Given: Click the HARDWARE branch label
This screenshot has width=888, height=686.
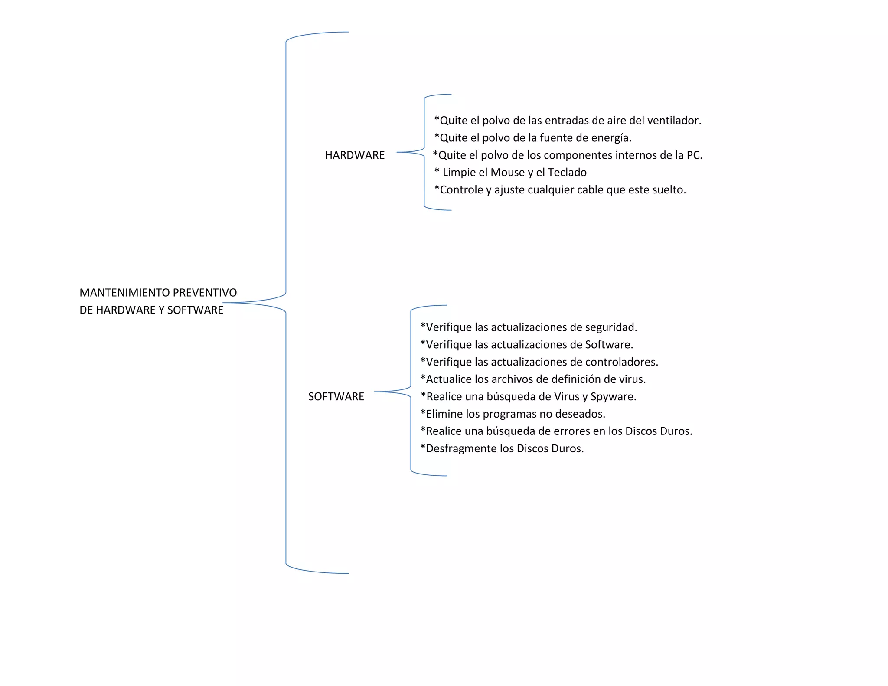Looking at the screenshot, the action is coord(355,155).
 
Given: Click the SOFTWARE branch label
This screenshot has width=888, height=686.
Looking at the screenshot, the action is coord(336,397).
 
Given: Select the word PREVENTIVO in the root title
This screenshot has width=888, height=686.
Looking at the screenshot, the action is coord(205,293).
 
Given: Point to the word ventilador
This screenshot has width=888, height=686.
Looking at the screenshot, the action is coord(676,121).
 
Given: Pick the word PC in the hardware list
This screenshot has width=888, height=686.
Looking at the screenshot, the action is coord(693,155).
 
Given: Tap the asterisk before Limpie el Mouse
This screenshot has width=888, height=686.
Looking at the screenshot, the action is coord(437,171).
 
